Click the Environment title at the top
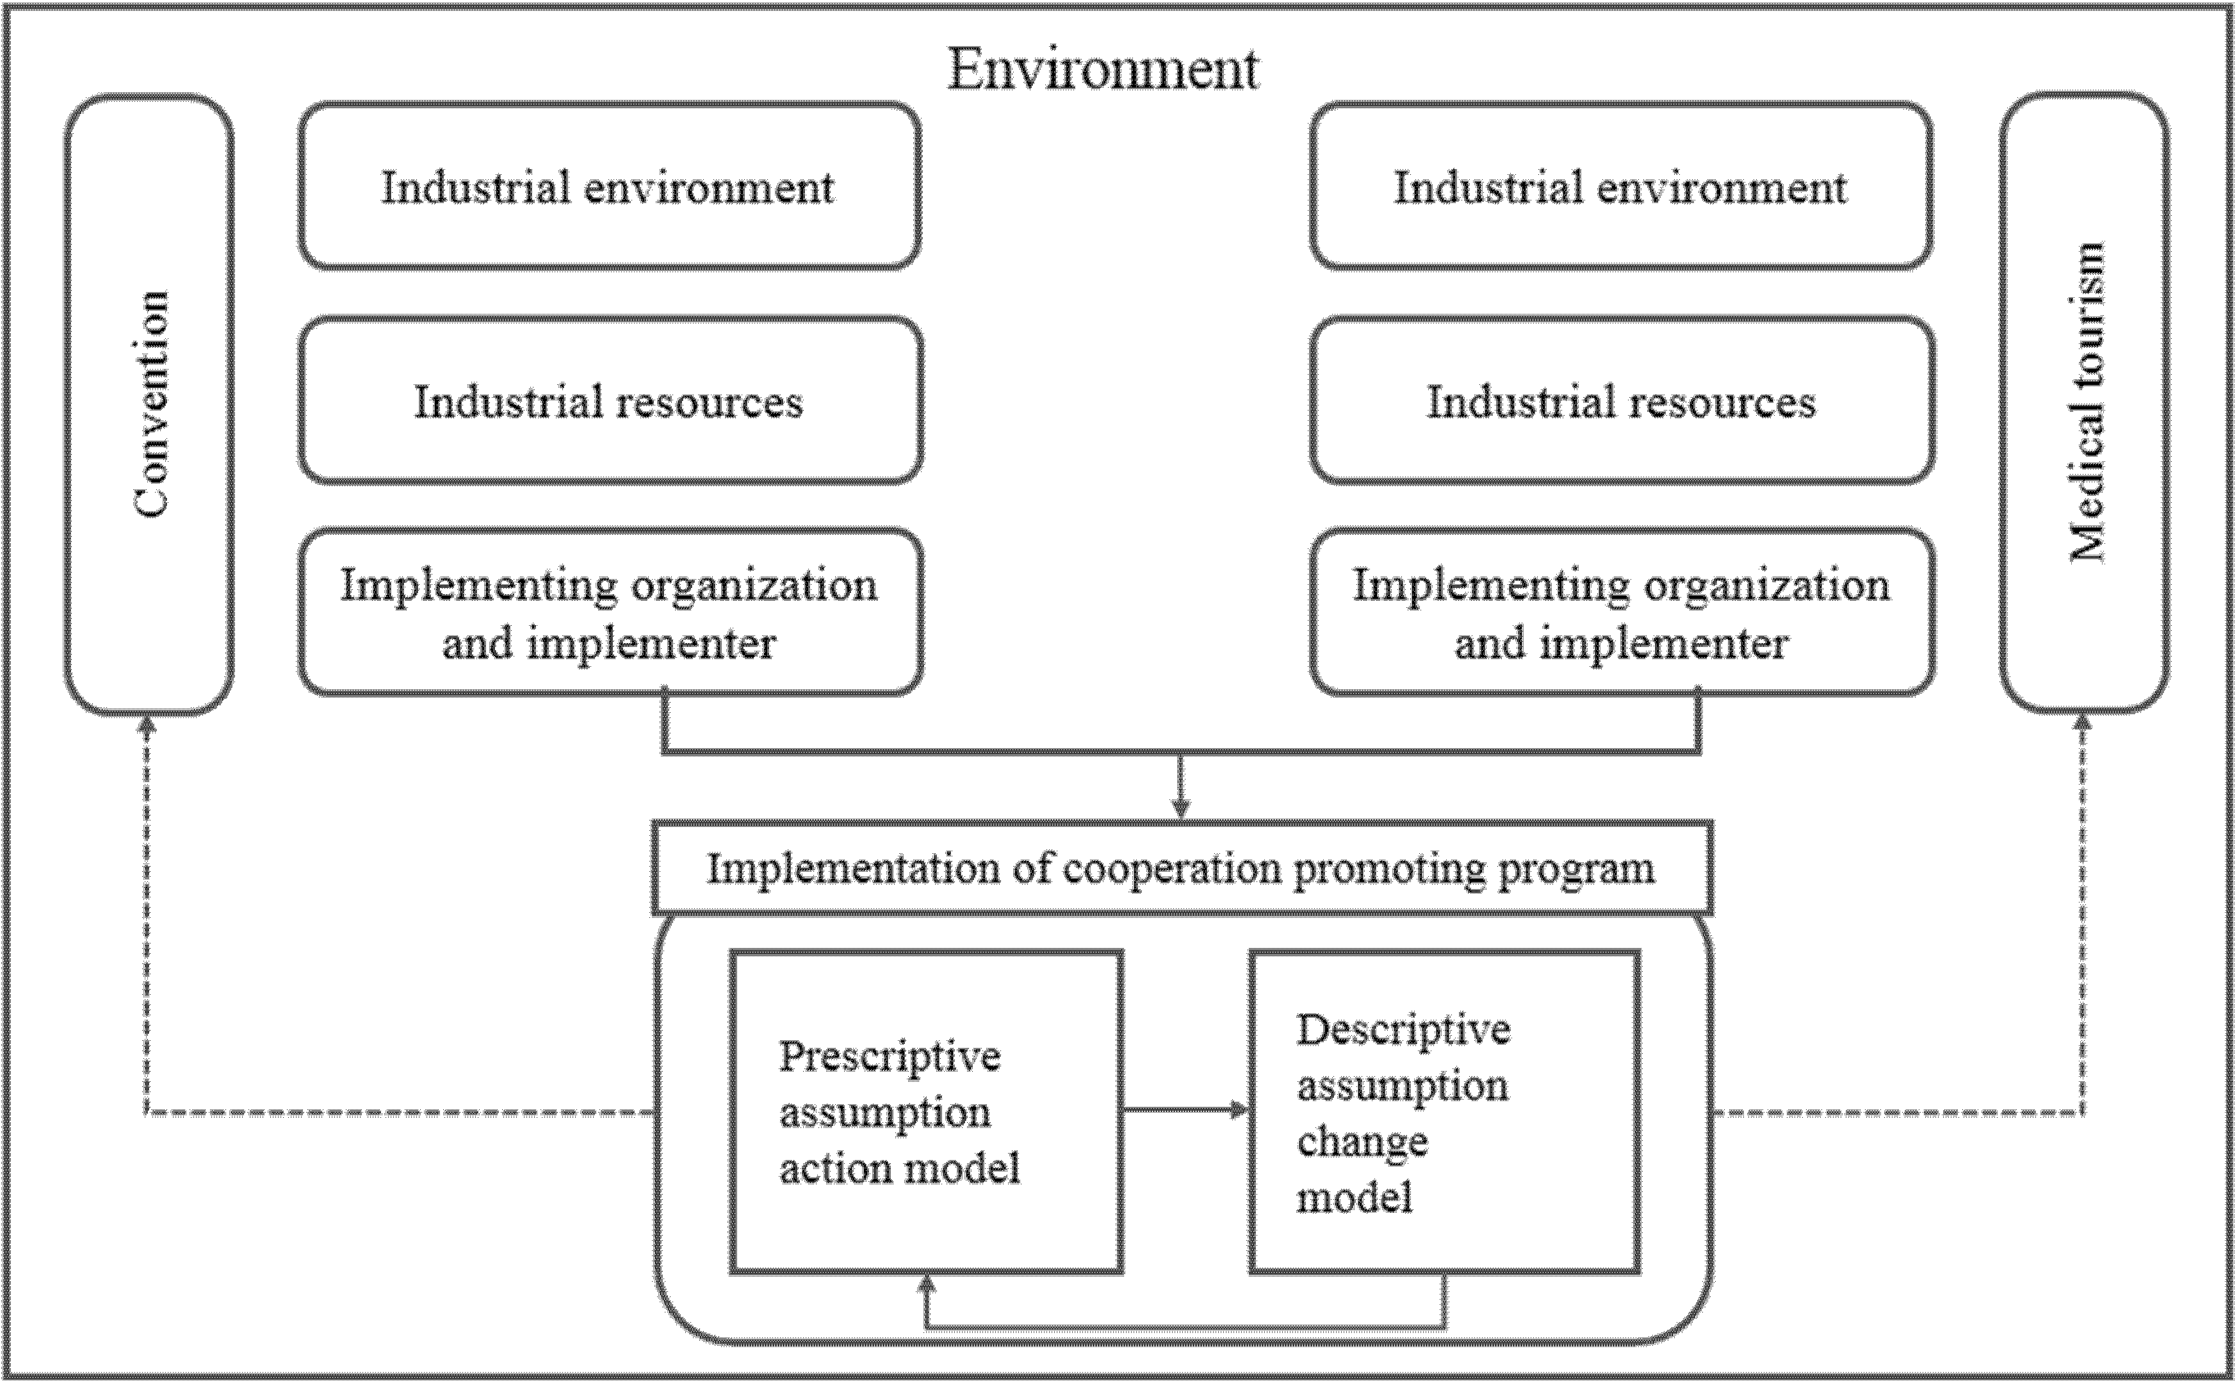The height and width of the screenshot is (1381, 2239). click(1103, 69)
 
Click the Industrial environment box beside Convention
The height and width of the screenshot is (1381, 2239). click(609, 186)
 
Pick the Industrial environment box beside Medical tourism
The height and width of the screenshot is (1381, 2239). click(1621, 186)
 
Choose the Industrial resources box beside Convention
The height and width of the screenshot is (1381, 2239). click(609, 401)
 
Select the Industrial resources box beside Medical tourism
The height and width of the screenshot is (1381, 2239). click(1622, 401)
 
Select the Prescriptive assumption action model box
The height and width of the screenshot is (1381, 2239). click(926, 1111)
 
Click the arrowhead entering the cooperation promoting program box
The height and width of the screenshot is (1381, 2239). click(1181, 809)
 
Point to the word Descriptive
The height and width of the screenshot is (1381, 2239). click(1403, 1030)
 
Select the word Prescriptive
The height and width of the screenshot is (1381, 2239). click(890, 1057)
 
